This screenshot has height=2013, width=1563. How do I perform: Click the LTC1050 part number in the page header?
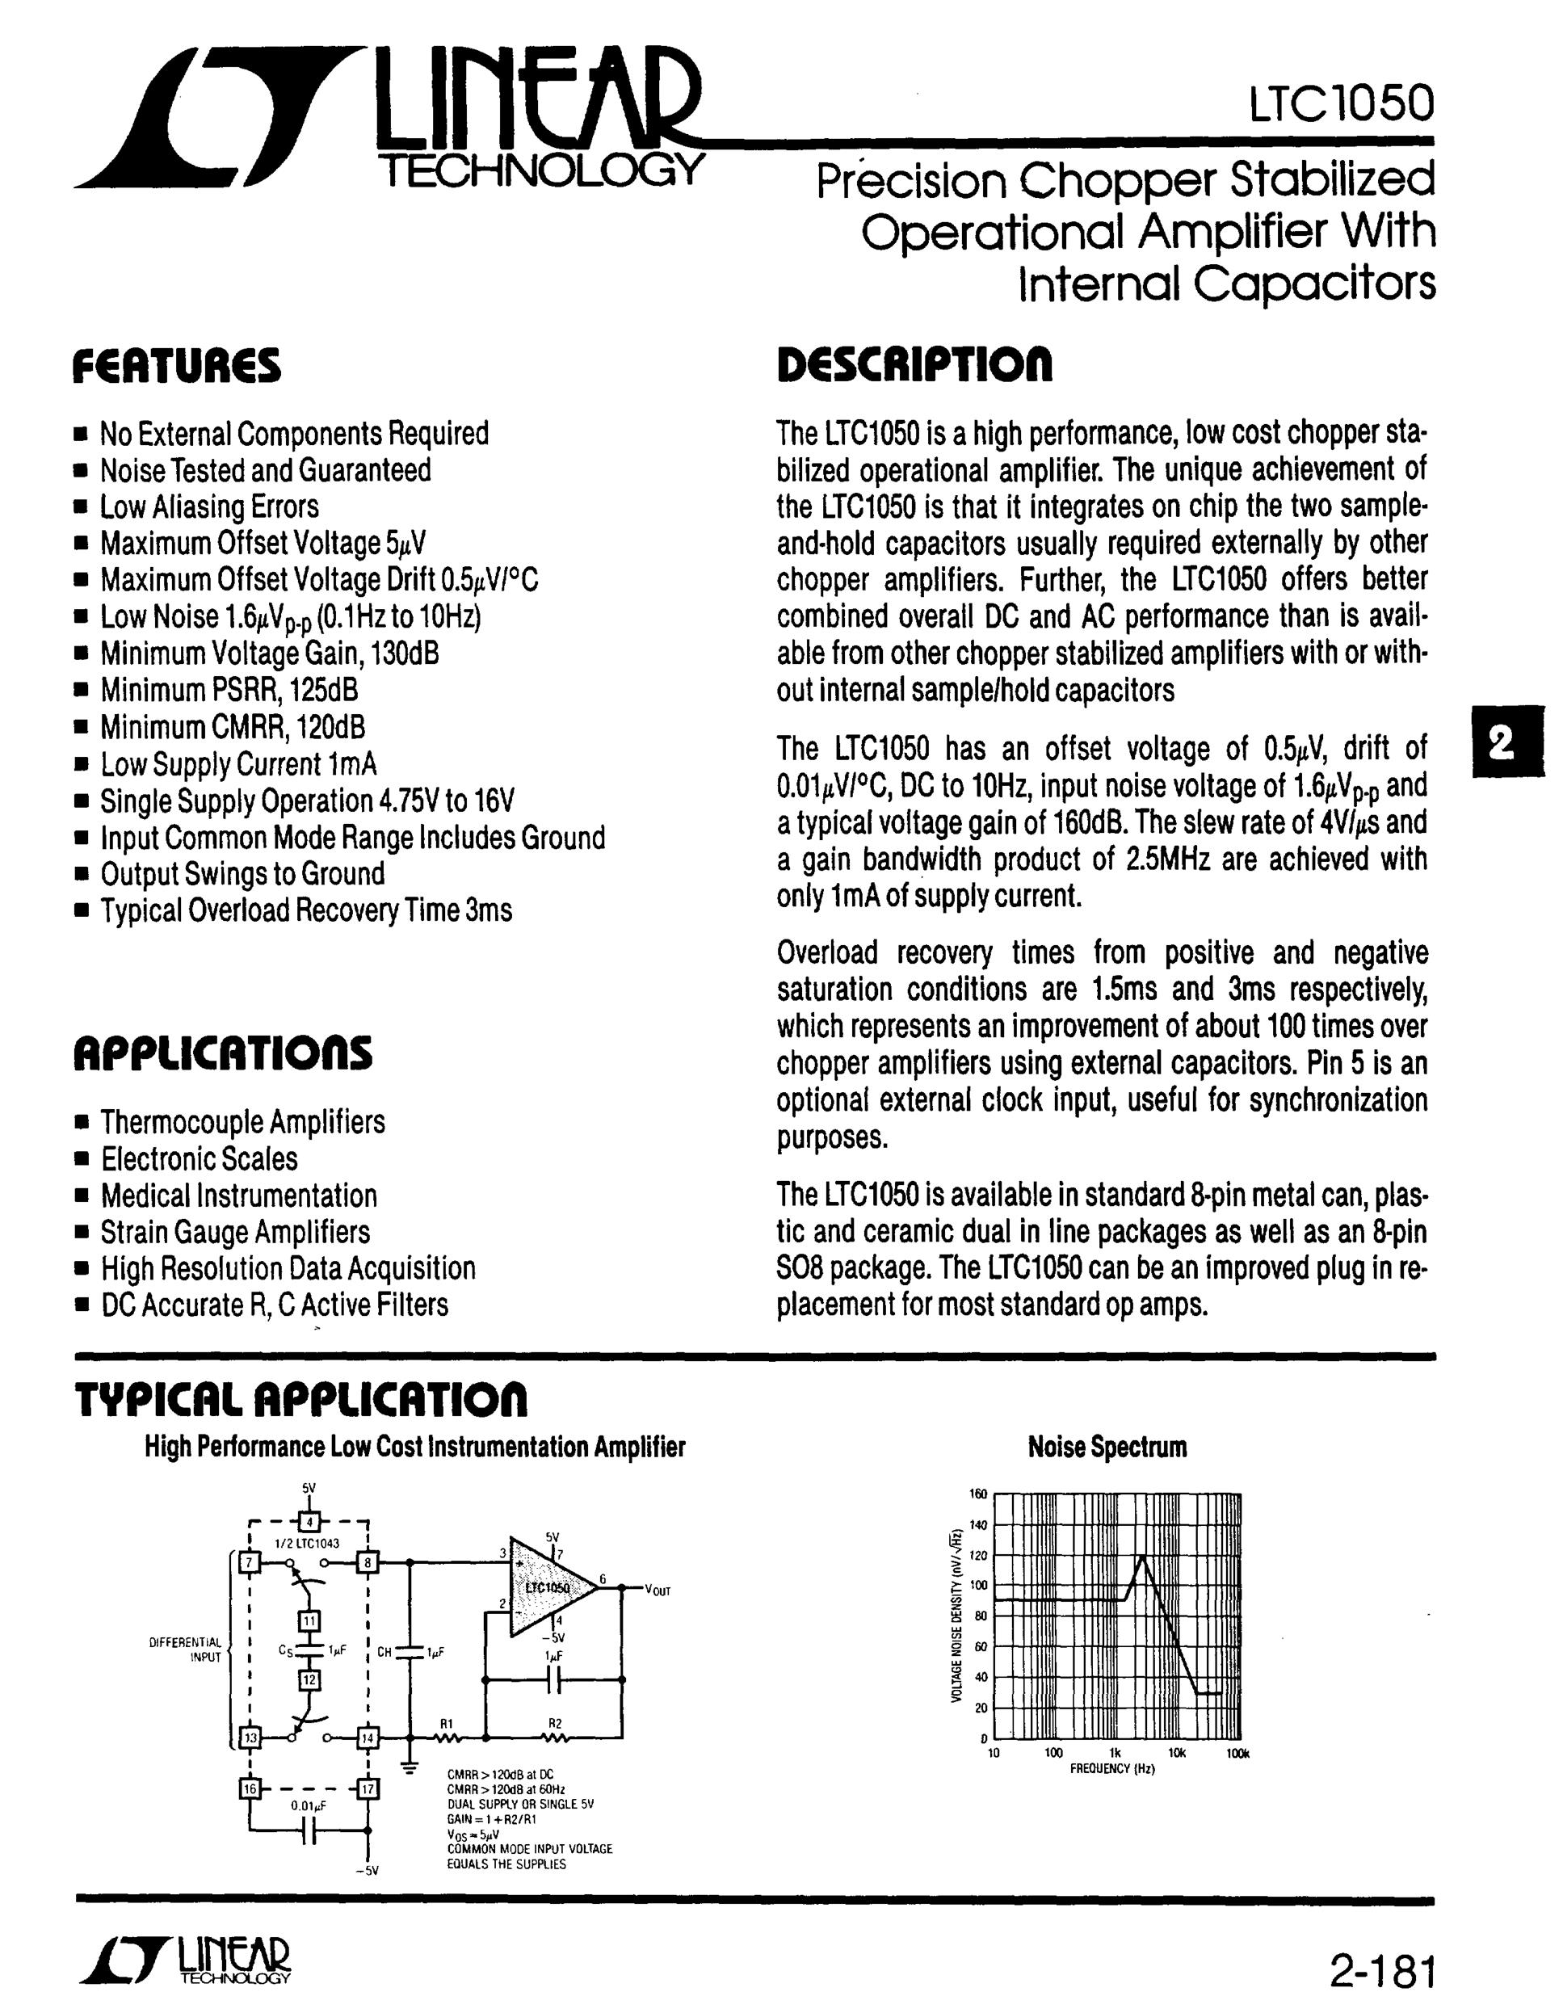coord(1341,103)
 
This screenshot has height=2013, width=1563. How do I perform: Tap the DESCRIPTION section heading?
coord(914,365)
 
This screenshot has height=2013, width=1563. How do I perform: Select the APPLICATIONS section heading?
coord(223,1053)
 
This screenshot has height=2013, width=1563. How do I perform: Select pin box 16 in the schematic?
coord(250,1789)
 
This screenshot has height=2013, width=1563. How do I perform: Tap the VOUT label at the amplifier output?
coord(657,1589)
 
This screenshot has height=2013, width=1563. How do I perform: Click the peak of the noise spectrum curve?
coord(1143,1556)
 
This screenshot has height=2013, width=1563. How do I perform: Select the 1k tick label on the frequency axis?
coord(1116,1752)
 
